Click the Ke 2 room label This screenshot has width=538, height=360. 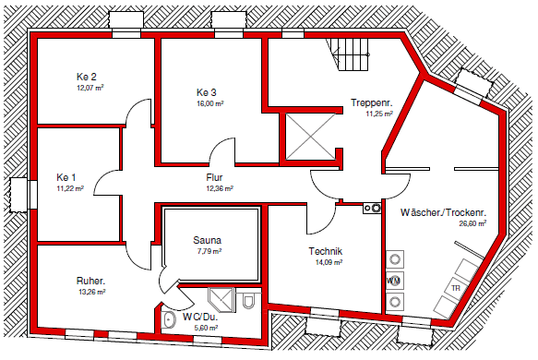(87, 77)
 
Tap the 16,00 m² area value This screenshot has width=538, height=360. (210, 103)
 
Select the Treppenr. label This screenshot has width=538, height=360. (372, 102)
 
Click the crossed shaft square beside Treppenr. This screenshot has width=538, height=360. (310, 137)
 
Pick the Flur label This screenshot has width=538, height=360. (214, 177)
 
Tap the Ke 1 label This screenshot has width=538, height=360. (66, 177)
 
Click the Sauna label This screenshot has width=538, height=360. (207, 240)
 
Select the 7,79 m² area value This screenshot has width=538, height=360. (209, 251)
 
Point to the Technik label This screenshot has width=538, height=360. (325, 251)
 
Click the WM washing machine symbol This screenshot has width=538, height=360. (394, 281)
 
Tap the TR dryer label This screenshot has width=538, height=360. (456, 288)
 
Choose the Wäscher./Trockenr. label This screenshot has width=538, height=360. (443, 212)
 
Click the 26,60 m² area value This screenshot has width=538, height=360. (472, 223)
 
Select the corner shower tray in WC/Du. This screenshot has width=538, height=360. (221, 300)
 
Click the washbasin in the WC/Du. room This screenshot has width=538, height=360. (169, 320)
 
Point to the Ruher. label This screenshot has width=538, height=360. (90, 281)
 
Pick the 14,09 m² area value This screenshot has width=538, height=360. (329, 263)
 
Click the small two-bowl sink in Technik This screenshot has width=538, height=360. (372, 208)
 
